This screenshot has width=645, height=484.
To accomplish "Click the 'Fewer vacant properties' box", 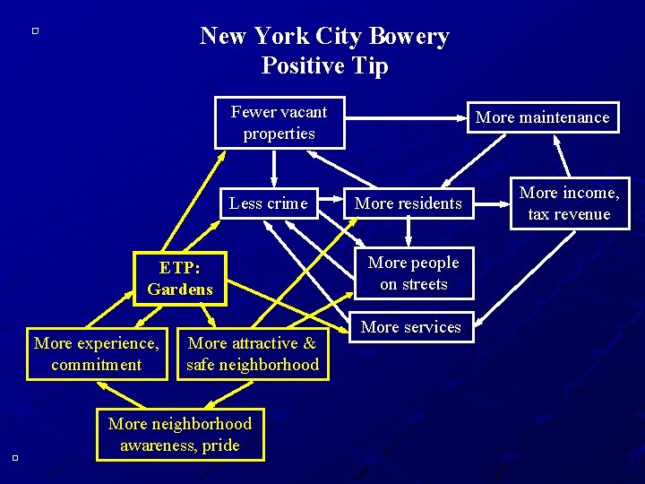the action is tap(279, 123).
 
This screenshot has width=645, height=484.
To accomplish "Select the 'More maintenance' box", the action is tap(542, 117).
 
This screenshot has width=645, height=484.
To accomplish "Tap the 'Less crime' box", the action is tap(268, 203).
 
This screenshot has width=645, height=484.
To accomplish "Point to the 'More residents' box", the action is tap(408, 203).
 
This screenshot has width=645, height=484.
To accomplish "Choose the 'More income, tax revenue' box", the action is tap(570, 203).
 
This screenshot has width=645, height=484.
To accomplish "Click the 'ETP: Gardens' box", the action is tap(180, 279).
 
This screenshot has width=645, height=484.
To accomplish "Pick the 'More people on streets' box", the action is tap(413, 273).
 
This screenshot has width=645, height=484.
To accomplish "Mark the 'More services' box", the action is tap(410, 328).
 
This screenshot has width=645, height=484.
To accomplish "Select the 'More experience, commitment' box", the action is tap(97, 354).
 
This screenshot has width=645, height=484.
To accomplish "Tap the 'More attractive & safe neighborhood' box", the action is tap(253, 354).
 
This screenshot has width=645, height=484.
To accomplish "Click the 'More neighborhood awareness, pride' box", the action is tap(180, 435).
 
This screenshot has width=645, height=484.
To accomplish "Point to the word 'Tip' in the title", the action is tap(371, 66).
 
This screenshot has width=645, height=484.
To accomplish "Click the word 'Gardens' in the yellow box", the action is tap(180, 290).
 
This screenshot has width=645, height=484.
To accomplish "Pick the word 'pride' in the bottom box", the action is tap(220, 445).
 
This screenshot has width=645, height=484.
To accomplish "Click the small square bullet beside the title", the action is tap(34, 31).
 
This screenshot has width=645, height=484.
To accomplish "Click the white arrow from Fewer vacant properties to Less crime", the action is tap(275, 168).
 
